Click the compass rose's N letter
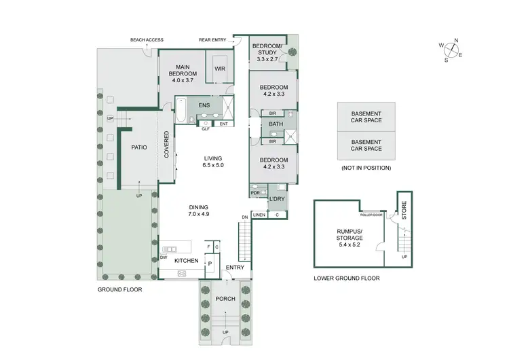(457, 41)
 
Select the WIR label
(220, 69)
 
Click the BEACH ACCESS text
(145, 40)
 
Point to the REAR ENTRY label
(213, 40)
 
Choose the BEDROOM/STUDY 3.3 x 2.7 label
(267, 50)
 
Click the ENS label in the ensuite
(204, 105)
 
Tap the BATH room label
(276, 124)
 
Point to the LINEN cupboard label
(259, 215)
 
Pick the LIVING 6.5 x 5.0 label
(214, 161)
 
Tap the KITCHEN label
(186, 261)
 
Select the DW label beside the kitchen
(164, 257)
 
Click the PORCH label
(225, 299)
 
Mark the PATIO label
(139, 147)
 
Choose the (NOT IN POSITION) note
(366, 167)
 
